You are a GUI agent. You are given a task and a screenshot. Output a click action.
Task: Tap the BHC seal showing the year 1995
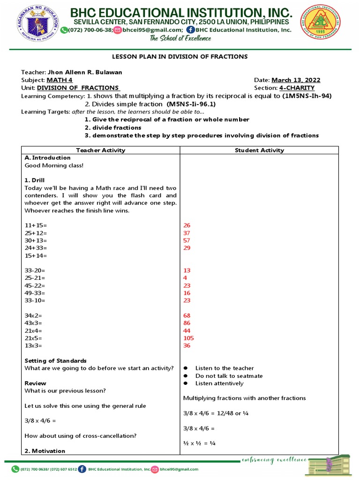pyautogui.click(x=321, y=23)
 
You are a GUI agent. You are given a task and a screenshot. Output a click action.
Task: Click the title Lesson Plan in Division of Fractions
pyautogui.click(x=179, y=57)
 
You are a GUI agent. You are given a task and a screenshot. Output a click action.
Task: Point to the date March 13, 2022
pyautogui.click(x=296, y=80)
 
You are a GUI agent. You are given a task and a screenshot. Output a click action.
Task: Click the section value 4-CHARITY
pyautogui.click(x=298, y=88)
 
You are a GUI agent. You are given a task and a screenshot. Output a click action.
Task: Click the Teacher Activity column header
pyautogui.click(x=101, y=150)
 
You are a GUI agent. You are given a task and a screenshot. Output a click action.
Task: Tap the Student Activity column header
pyautogui.click(x=259, y=150)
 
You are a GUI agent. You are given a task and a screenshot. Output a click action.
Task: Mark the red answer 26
pyautogui.click(x=187, y=225)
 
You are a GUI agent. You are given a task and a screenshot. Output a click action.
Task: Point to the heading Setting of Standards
pyautogui.click(x=55, y=360)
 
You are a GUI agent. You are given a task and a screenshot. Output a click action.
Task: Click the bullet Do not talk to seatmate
pyautogui.click(x=229, y=376)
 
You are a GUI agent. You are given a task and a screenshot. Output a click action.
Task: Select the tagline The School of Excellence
pyautogui.click(x=180, y=39)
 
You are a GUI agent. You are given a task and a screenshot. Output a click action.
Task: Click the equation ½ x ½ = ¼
pyautogui.click(x=199, y=443)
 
